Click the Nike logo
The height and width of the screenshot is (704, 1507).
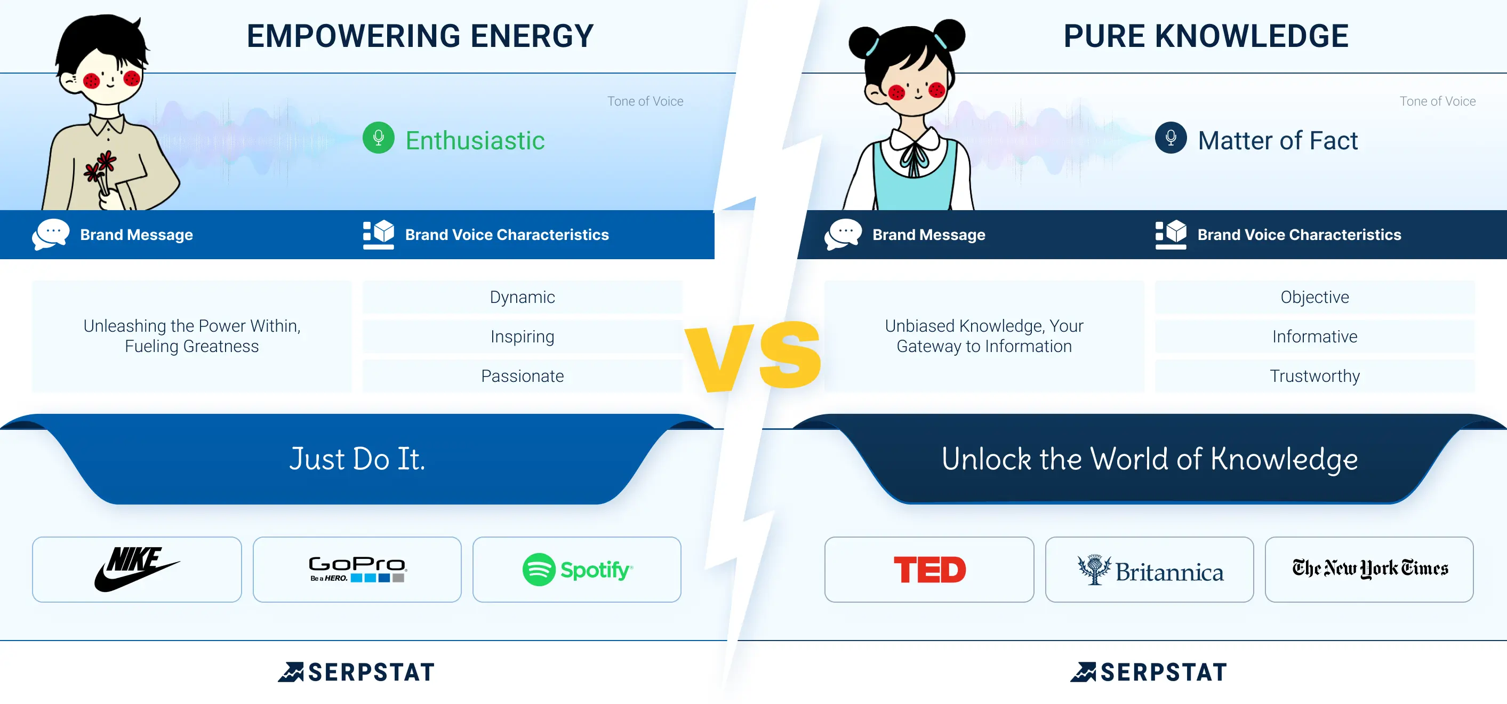tap(137, 569)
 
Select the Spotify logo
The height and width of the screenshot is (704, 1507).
tap(577, 570)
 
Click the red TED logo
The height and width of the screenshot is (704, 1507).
tap(929, 570)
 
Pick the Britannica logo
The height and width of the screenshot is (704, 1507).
tap(1150, 570)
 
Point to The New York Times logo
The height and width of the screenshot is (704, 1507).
tap(1369, 568)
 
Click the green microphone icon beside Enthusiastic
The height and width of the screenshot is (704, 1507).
tap(379, 138)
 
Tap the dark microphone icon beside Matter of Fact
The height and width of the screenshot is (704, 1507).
tap(1171, 138)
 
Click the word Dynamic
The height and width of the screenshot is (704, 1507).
tap(523, 297)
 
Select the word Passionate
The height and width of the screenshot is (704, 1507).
tap(523, 375)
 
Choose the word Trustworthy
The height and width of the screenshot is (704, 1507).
tap(1314, 375)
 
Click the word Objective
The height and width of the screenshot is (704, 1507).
tap(1314, 297)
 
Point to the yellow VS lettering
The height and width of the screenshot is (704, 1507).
tap(753, 356)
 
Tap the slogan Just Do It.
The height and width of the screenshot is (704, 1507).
tap(357, 458)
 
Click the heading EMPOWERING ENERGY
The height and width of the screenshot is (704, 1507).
tap(420, 36)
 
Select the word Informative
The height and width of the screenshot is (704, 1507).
tap(1314, 337)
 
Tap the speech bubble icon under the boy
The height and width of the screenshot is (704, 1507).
tap(50, 234)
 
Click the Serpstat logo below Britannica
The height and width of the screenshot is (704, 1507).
tap(1149, 672)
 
